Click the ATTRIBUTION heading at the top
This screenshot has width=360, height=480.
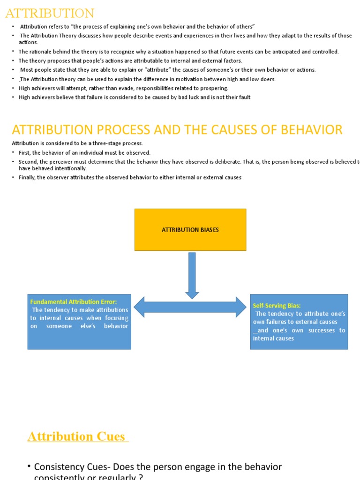pyautogui.click(x=50, y=13)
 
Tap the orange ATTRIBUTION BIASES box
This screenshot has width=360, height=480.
pyautogui.click(x=190, y=230)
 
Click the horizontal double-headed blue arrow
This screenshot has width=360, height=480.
pyautogui.click(x=190, y=307)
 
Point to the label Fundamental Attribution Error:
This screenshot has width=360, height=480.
pyautogui.click(x=74, y=302)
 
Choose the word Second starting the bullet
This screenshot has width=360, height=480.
pyautogui.click(x=28, y=162)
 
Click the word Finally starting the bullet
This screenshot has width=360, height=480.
pyautogui.click(x=28, y=178)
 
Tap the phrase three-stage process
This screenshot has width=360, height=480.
pyautogui.click(x=121, y=143)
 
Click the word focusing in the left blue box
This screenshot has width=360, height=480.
pyautogui.click(x=115, y=318)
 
